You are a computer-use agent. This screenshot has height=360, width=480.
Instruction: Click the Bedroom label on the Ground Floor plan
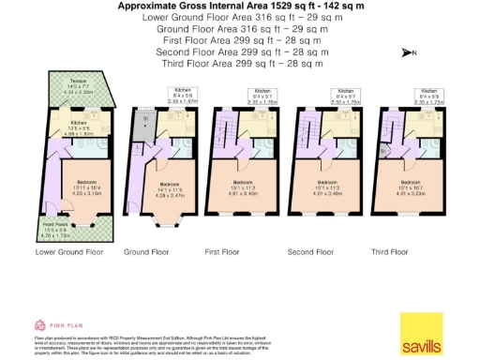point(171,186)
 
